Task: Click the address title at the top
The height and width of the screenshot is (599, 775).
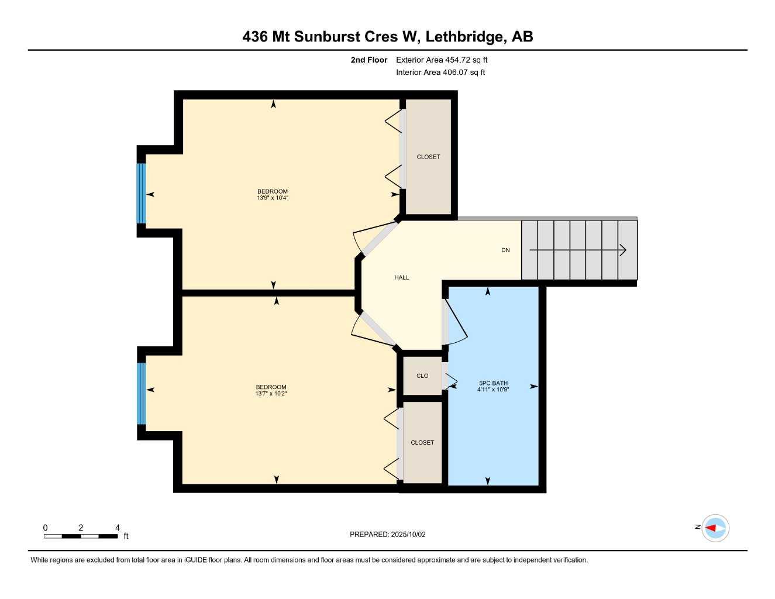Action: [387, 37]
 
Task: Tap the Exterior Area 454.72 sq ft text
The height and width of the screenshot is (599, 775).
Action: [442, 60]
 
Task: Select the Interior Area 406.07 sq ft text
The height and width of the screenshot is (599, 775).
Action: [440, 73]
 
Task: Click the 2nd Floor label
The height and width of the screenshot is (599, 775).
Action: [368, 60]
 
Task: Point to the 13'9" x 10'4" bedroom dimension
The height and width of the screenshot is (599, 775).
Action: [273, 198]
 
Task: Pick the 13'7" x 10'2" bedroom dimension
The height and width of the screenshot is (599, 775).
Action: [271, 394]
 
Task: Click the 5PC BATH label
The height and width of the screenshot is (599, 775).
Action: [493, 383]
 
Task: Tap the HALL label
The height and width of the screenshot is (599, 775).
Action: [401, 277]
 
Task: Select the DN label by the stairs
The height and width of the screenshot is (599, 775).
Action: [505, 250]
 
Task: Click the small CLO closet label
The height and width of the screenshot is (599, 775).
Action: [422, 376]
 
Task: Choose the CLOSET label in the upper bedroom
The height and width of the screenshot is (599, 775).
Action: [428, 157]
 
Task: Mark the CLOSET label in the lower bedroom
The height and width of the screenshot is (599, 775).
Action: [422, 443]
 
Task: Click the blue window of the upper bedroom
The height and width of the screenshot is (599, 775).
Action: [141, 194]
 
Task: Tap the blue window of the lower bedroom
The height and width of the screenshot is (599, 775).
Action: [141, 393]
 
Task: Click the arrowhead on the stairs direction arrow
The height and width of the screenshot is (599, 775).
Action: [624, 250]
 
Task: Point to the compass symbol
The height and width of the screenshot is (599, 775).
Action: [715, 528]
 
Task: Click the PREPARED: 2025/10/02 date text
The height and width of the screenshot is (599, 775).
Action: [387, 534]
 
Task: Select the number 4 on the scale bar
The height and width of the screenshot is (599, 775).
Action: [117, 528]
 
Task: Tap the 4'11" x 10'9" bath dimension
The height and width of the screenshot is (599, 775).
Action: [493, 390]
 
